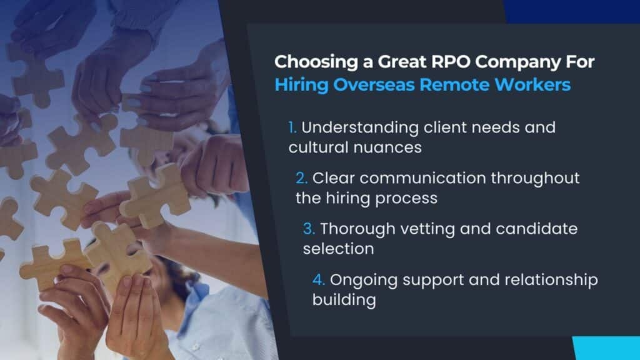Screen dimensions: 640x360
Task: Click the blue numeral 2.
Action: (301, 178)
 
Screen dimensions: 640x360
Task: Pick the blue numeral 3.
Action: (309, 229)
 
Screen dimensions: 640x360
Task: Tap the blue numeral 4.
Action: (318, 280)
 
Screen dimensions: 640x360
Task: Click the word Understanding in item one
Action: (360, 127)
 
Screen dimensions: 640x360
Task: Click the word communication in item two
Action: (422, 178)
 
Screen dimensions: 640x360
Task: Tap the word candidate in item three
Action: (536, 229)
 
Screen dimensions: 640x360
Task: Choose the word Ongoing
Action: (364, 281)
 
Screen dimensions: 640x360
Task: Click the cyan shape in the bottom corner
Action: (606, 348)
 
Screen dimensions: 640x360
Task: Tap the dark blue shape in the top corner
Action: (571, 11)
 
